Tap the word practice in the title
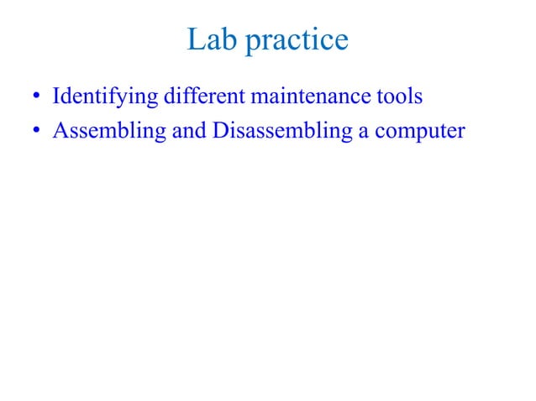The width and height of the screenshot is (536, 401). coord(296,41)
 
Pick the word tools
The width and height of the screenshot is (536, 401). coord(399,96)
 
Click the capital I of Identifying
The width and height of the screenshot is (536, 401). coord(56,96)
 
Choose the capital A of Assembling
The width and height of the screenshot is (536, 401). coord(60,132)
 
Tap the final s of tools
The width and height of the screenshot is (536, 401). coord(418,98)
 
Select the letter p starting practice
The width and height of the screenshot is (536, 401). coord(253,43)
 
